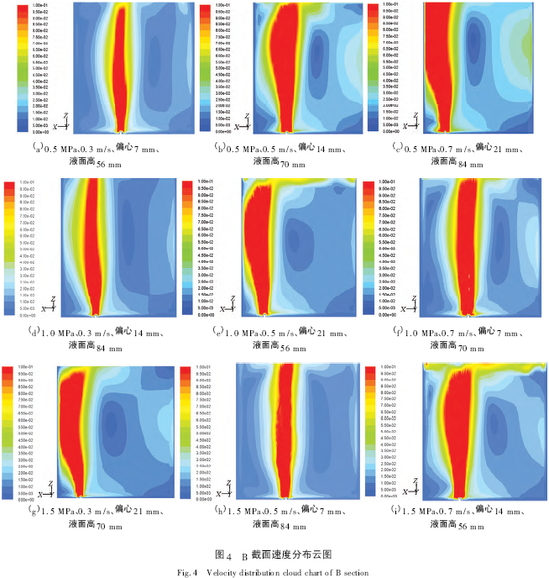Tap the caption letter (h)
point(222,512)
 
